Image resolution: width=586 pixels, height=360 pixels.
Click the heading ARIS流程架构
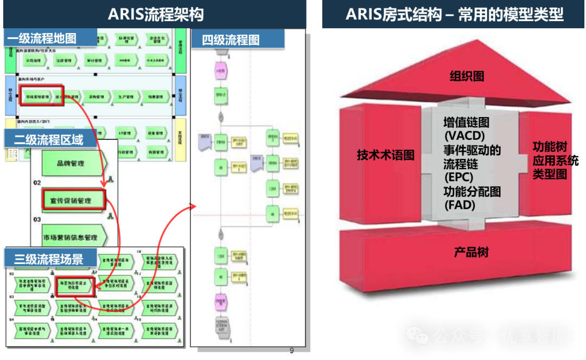point(156,14)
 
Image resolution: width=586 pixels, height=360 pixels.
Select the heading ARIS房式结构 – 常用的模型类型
point(454,14)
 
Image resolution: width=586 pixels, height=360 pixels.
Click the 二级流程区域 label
point(49,139)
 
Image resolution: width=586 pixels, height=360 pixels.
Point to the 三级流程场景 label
point(49,259)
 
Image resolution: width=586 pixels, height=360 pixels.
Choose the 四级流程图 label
point(231,40)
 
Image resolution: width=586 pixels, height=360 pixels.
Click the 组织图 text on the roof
point(467,76)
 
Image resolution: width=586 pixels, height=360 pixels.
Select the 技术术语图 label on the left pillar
point(385,155)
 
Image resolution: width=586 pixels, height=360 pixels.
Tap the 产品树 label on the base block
point(471,252)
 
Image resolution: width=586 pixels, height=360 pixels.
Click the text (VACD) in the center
point(464,136)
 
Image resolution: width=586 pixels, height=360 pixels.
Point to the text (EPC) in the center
point(458,177)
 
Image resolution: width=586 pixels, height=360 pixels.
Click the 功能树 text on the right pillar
point(550,147)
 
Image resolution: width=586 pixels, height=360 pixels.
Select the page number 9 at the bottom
point(291,351)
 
